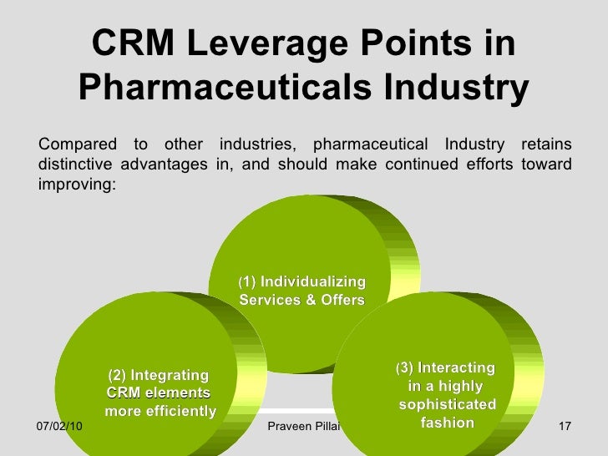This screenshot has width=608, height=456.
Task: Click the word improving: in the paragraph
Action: click(74, 183)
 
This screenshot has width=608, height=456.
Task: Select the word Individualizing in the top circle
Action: click(313, 281)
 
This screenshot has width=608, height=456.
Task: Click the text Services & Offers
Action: click(301, 299)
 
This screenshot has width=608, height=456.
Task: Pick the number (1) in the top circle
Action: click(248, 281)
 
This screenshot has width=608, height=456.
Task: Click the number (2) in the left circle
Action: click(117, 374)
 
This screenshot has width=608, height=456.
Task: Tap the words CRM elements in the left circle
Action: click(158, 393)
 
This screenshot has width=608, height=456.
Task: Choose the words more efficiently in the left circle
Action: click(160, 411)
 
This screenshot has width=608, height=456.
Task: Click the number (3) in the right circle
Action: click(405, 368)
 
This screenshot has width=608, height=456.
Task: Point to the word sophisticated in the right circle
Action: click(448, 405)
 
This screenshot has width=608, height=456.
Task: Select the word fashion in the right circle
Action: click(448, 423)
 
